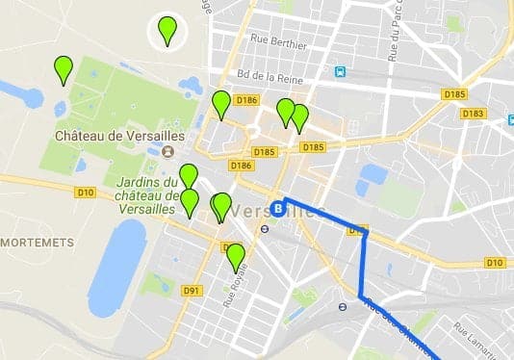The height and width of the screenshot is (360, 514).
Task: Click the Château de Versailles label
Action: coord(114,136)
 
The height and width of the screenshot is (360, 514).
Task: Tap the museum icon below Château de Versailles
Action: coord(168,152)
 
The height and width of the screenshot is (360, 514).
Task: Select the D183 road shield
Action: coord(473,114)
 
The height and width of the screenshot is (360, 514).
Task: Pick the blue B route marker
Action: coord(277,206)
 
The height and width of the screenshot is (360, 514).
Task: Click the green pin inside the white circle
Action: coord(168,31)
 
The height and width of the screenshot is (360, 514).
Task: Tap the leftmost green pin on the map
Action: coord(64,70)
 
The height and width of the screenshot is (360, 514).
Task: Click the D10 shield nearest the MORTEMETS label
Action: coord(86,193)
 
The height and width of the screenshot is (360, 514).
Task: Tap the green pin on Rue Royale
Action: coord(235,258)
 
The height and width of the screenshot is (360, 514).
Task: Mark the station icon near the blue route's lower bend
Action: coord(342,307)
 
